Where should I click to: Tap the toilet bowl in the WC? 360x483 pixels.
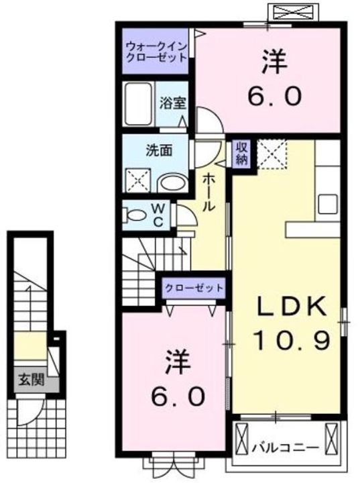point(136,217)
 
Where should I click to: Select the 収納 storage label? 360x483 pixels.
point(241,153)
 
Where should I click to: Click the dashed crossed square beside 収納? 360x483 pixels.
point(272,154)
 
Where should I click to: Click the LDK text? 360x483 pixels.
point(292,307)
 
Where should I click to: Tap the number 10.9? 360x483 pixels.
point(292,342)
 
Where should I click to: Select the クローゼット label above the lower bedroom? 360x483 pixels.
point(194,287)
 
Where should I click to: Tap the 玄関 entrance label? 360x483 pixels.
point(31,380)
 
